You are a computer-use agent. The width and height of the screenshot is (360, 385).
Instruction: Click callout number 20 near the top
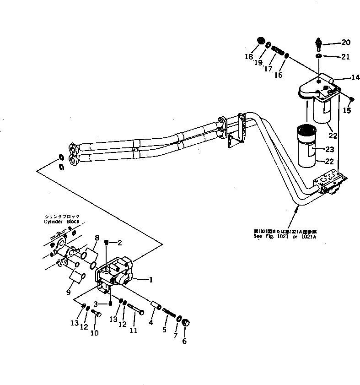tap(345, 43)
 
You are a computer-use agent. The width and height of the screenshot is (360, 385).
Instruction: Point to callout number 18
tap(248, 57)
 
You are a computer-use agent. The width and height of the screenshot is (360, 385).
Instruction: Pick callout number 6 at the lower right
tap(184, 341)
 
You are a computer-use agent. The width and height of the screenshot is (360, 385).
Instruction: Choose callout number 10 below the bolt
tap(94, 333)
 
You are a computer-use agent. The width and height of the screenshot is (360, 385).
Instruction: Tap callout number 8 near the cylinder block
tap(97, 237)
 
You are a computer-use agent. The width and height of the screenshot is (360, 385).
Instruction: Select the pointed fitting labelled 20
tap(319, 44)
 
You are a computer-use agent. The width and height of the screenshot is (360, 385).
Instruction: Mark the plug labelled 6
tap(187, 324)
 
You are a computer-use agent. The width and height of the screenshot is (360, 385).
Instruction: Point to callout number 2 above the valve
tap(119, 242)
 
